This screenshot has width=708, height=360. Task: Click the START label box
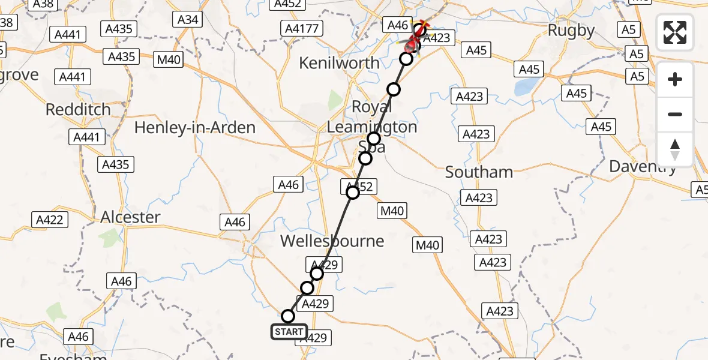[x=289, y=332]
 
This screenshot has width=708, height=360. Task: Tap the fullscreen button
[x=675, y=32]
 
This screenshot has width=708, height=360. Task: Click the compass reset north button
[x=675, y=149]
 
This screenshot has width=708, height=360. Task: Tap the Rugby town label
[x=571, y=31]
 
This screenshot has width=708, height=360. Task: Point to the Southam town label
[x=479, y=172]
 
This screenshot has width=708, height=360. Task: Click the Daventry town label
[x=643, y=166]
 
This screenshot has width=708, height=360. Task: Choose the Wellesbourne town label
[x=332, y=241]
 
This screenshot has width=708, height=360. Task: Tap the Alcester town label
[x=131, y=217]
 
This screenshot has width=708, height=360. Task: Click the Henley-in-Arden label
[x=195, y=128]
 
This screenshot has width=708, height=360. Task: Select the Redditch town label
[x=79, y=110]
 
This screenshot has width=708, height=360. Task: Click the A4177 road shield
[x=302, y=28]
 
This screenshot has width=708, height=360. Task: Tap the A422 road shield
[x=49, y=220]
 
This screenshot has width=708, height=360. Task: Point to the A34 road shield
[x=188, y=20]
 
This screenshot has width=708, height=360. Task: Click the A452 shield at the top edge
[x=287, y=4]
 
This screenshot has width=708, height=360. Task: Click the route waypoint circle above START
[x=288, y=316]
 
